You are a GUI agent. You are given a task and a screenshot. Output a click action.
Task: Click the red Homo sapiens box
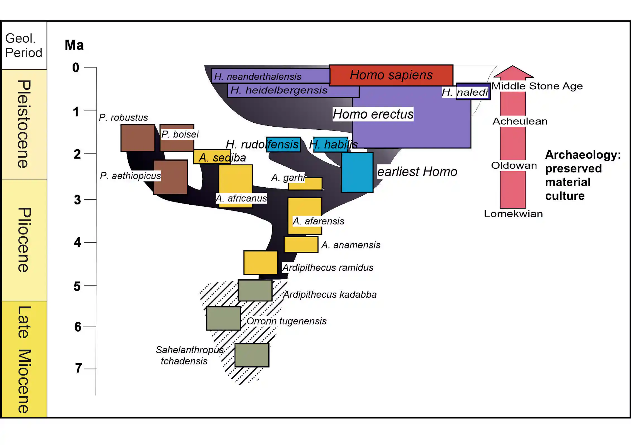[391, 75]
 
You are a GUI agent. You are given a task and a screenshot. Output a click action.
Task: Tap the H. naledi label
[465, 92]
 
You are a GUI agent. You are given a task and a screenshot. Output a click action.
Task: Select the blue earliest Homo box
[357, 172]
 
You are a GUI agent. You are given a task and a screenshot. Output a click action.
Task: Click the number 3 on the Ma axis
[77, 200]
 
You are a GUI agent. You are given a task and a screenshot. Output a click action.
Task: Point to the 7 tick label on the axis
[78, 368]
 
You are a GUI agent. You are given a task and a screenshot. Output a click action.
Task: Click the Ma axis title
[74, 45]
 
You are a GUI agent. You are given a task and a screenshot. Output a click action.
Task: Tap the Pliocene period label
[24, 240]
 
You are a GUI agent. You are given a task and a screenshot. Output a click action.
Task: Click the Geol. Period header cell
[24, 45]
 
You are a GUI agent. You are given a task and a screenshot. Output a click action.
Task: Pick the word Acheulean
[520, 121]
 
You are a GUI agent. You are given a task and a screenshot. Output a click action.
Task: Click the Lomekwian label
[513, 214]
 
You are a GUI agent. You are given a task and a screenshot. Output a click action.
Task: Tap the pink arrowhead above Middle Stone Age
[513, 72]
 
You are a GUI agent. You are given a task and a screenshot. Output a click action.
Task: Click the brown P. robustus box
[138, 138]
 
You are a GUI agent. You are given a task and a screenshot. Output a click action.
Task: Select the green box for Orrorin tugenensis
[223, 318]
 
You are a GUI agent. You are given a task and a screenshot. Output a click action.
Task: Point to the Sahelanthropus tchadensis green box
[252, 355]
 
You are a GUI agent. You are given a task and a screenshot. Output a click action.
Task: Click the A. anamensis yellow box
[301, 244]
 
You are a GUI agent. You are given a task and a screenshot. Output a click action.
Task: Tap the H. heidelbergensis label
[279, 90]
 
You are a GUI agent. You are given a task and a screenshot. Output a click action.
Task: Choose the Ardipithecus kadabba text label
[330, 294]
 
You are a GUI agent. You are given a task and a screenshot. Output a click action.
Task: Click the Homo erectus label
[373, 114]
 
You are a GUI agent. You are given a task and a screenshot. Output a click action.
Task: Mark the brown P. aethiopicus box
[170, 177]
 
